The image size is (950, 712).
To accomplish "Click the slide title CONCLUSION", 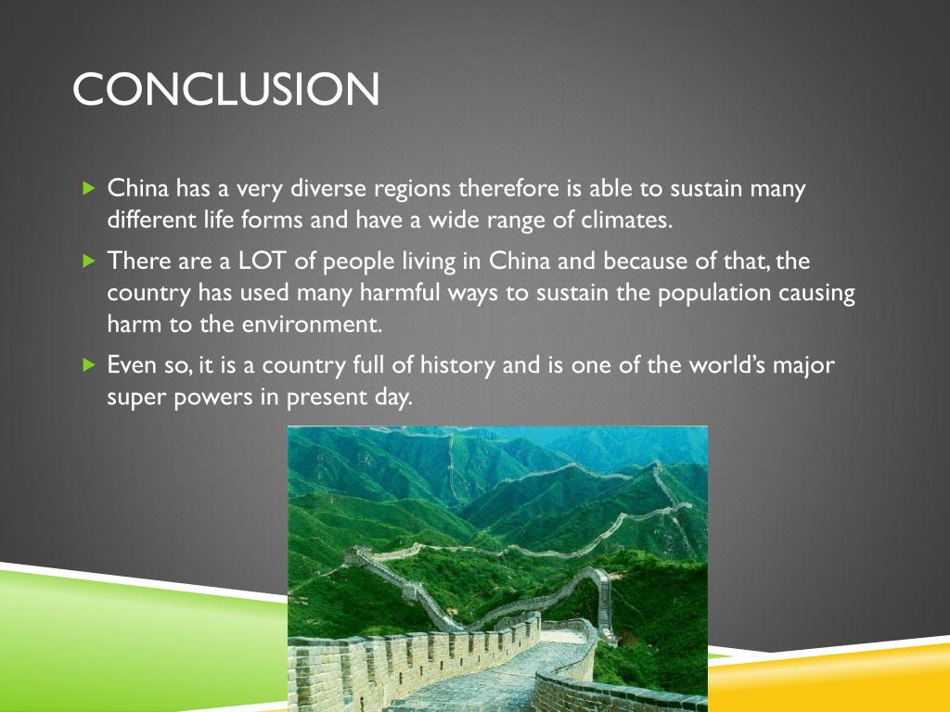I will (x=225, y=90).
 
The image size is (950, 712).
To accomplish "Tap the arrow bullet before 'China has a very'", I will (x=89, y=189).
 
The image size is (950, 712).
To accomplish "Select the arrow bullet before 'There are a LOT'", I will (x=89, y=261).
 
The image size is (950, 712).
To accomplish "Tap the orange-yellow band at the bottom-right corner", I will (x=835, y=681).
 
